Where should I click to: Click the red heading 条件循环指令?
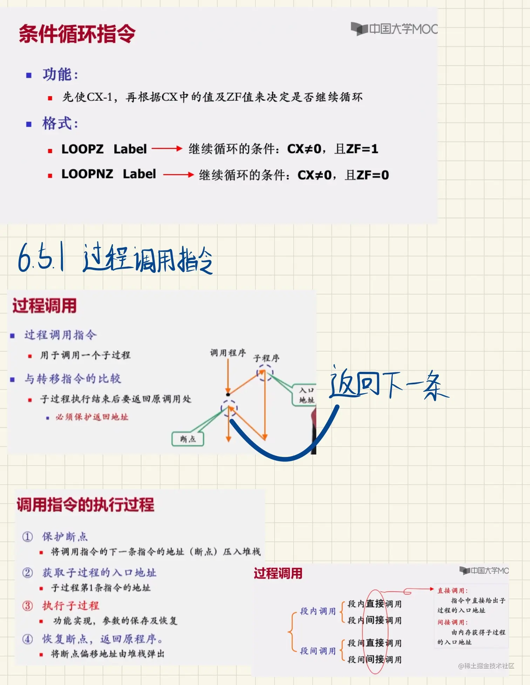(x=77, y=34)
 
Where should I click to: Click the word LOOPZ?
(x=82, y=149)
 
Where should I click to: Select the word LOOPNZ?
(x=87, y=174)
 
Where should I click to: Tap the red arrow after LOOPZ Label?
(x=167, y=149)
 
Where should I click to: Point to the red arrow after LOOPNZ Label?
(x=178, y=174)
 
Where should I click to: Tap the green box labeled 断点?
(x=188, y=439)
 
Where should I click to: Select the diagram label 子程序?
(x=266, y=358)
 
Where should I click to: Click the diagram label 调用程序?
(x=228, y=353)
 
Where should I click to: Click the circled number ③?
(x=28, y=606)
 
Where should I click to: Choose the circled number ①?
(x=28, y=536)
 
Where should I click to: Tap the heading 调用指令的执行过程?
(x=86, y=505)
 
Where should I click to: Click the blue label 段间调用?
(x=318, y=651)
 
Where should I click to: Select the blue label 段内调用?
(x=318, y=611)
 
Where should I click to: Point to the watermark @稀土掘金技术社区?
(x=486, y=666)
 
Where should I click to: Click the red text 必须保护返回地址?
(x=92, y=417)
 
